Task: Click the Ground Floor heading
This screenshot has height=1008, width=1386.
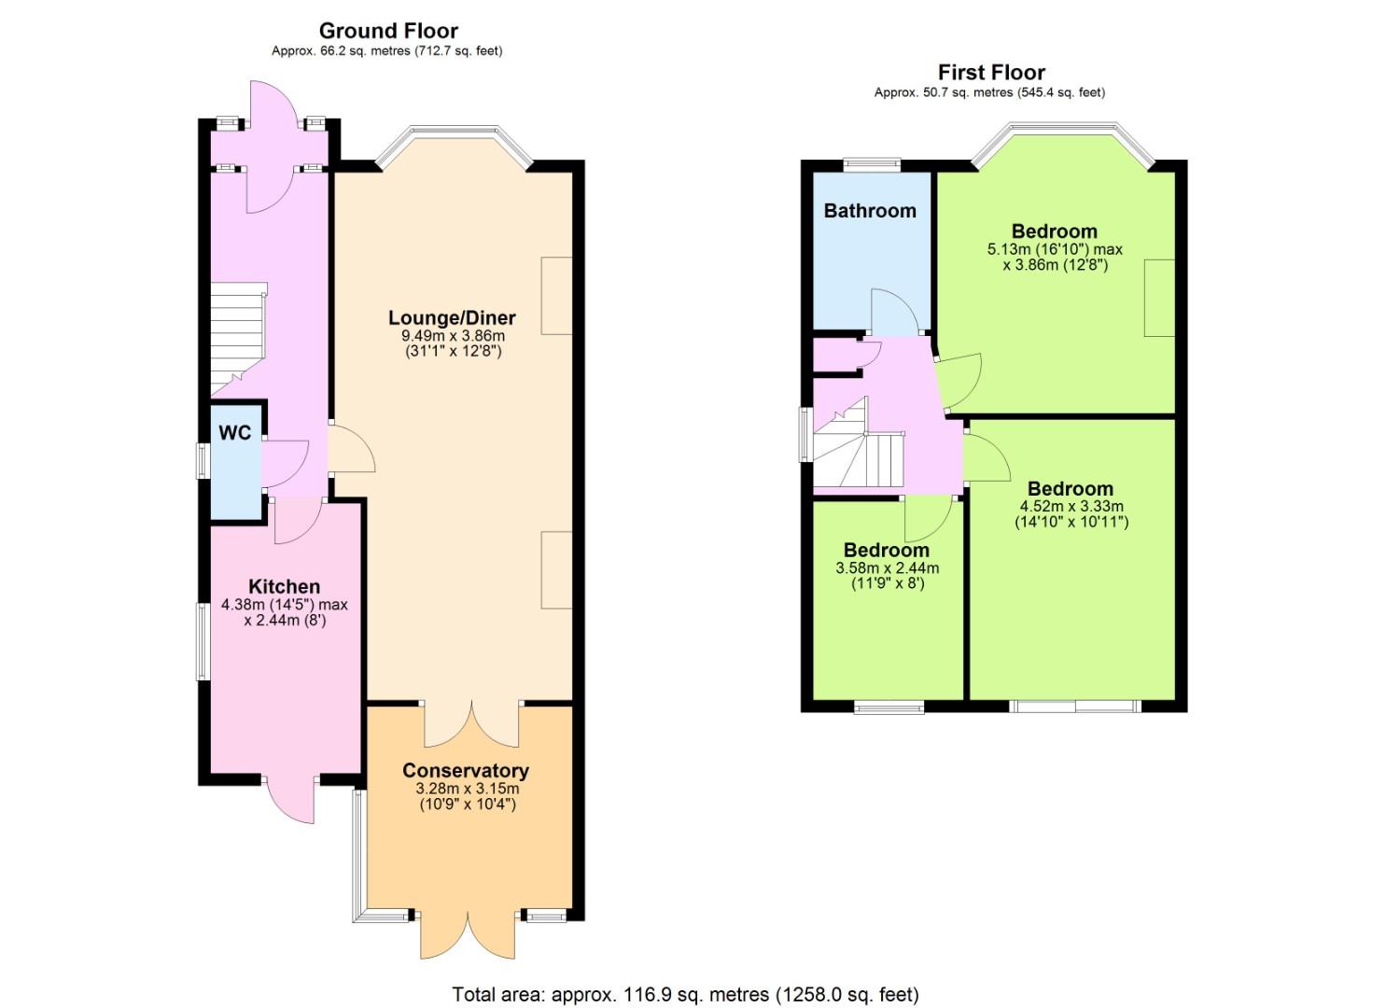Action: [x=388, y=30]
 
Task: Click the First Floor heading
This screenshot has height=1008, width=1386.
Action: [x=991, y=73]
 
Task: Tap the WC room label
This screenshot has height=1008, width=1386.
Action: [x=235, y=432]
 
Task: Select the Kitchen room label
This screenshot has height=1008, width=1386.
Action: [x=285, y=587]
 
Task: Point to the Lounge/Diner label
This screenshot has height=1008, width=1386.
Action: [x=452, y=318]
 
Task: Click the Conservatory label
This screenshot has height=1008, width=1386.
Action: [x=466, y=770]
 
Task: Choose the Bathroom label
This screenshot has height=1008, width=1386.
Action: [x=870, y=211]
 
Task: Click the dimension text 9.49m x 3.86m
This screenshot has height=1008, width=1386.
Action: [x=453, y=336]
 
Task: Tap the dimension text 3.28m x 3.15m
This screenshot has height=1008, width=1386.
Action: [x=468, y=789]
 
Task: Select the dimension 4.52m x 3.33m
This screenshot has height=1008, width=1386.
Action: [x=1071, y=506]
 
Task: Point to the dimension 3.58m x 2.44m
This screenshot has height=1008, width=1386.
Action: [x=888, y=567]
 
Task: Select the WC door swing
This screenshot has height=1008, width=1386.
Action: [x=285, y=464]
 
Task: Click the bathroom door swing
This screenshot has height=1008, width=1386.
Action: [x=891, y=313]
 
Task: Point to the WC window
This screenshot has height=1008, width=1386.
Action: [x=203, y=460]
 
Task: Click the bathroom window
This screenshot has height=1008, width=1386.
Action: [x=872, y=164]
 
